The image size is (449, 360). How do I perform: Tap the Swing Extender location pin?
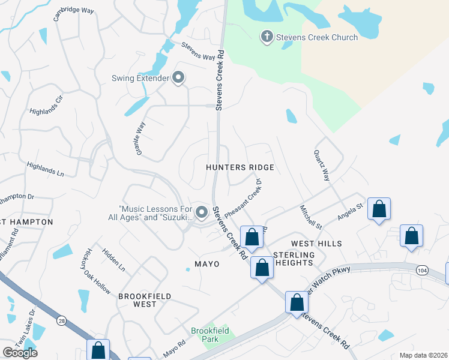point(178,78)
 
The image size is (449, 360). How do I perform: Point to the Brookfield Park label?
point(205,335)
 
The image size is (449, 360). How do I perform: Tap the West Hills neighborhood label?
point(316,244)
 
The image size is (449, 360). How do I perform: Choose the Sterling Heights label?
point(294,259)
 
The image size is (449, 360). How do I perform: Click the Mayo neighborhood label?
point(206,264)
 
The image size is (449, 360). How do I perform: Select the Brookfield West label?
point(145,300)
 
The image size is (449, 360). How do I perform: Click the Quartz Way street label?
point(322,166)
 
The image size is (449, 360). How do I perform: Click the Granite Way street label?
point(141,139)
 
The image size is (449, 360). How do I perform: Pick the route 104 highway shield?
point(421,271)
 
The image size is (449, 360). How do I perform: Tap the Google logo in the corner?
point(20,353)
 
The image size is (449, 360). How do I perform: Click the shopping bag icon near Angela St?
point(379,209)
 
